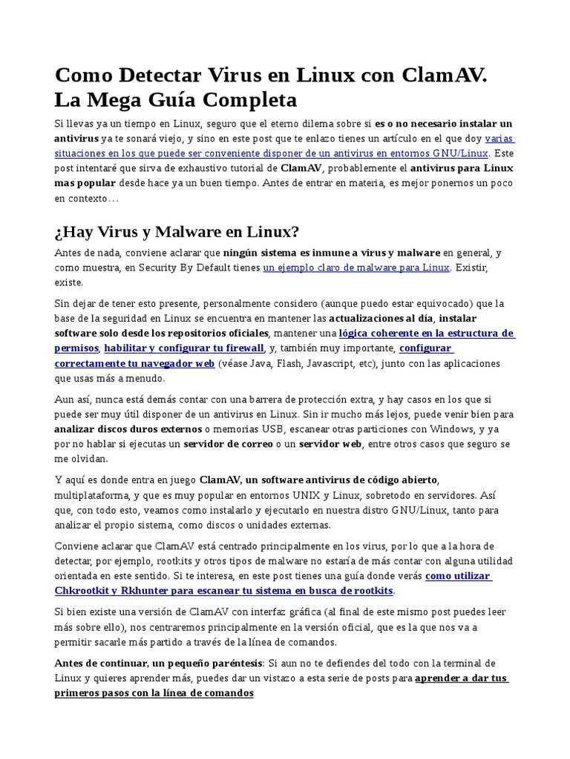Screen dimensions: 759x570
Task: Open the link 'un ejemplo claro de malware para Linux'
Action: [x=356, y=268]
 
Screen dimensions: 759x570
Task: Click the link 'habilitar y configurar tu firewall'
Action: [x=184, y=348]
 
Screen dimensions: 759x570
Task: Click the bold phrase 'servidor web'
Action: [x=330, y=443]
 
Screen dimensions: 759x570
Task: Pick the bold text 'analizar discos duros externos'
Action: [x=128, y=428]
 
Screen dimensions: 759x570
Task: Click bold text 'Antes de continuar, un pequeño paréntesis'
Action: [x=158, y=663]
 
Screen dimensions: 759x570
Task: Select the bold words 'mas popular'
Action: [x=82, y=183]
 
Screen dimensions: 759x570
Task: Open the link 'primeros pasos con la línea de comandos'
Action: [x=154, y=693]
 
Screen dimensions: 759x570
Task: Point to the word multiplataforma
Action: [x=92, y=495]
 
